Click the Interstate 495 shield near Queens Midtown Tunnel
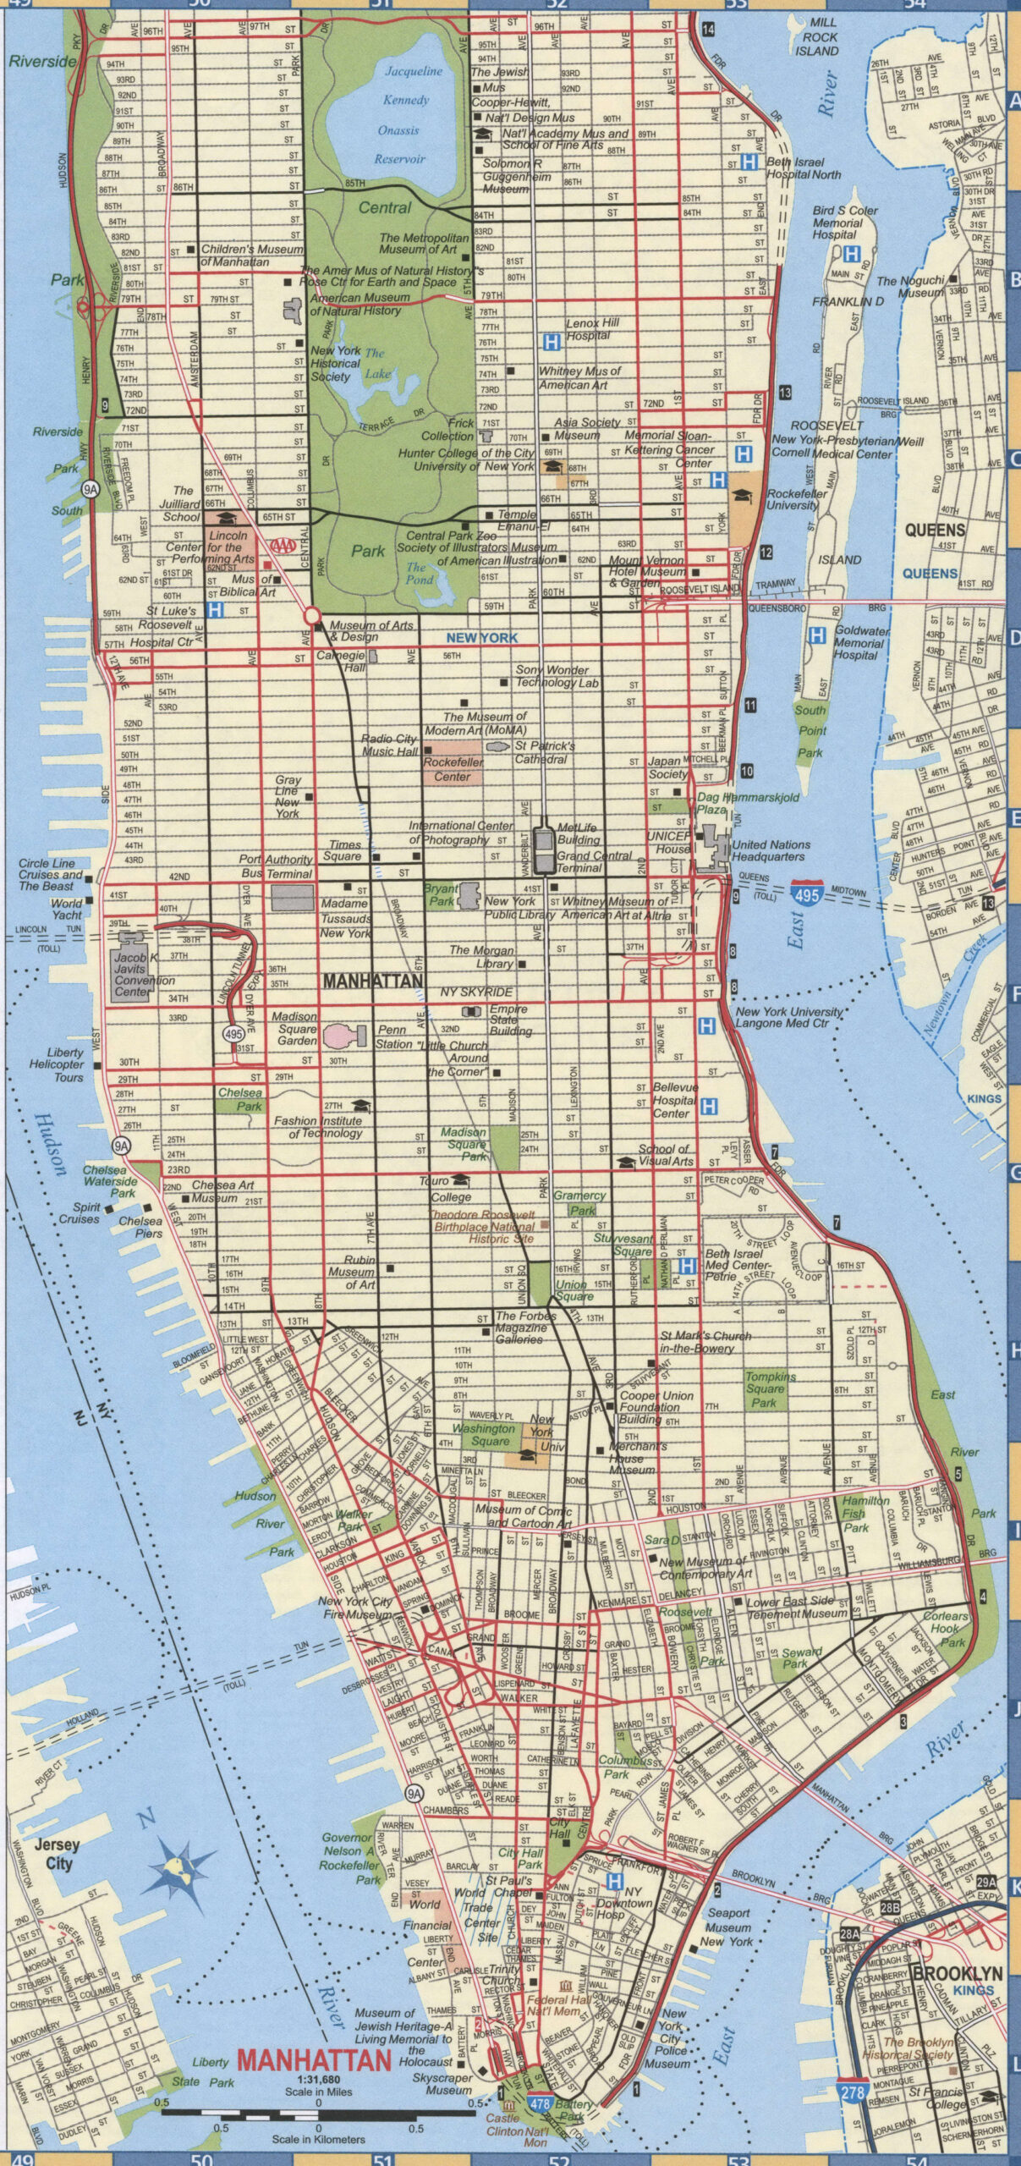[806, 893]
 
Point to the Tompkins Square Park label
[765, 1389]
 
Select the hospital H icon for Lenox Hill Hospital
[552, 342]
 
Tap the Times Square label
[344, 850]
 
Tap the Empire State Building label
[509, 1020]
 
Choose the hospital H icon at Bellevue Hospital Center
[709, 1106]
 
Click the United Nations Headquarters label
[771, 850]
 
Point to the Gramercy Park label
[579, 1202]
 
